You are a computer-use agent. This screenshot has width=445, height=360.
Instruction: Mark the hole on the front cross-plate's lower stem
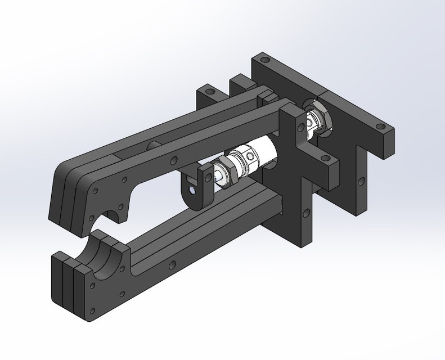(307, 213)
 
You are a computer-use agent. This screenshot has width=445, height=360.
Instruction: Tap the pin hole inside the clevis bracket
(193, 190)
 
